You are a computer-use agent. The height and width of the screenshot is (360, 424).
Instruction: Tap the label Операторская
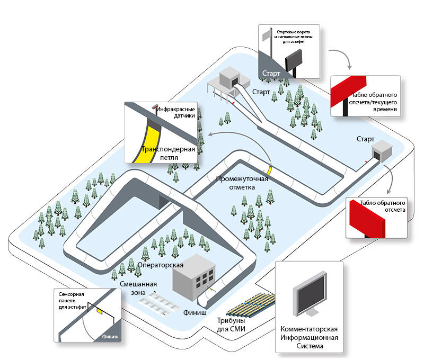point(160,265)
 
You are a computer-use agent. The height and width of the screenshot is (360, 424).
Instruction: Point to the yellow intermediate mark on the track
point(269,169)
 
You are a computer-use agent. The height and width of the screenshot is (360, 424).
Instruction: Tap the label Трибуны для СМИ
point(231,325)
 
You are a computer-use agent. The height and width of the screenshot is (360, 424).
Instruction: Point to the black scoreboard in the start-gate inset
point(294,59)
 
